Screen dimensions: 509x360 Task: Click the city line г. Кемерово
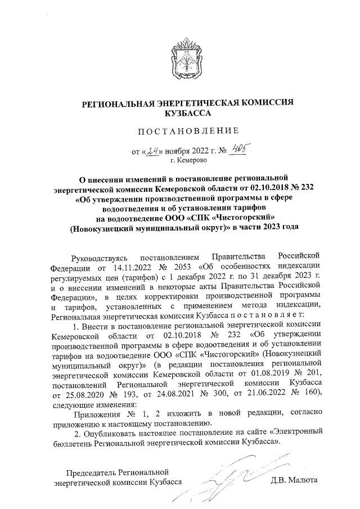click(188, 160)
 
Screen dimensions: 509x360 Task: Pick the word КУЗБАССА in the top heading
click(188, 112)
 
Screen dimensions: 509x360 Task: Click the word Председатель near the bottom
click(92, 470)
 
